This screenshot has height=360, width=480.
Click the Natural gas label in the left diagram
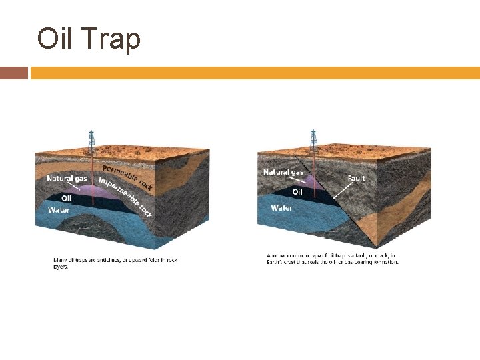pos(67,179)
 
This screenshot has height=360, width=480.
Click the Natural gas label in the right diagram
pos(283,172)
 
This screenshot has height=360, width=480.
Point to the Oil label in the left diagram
pos(67,198)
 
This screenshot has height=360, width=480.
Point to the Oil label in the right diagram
pos(297,192)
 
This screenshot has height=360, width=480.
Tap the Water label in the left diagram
pos(58,210)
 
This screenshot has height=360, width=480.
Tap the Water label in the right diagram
pos(281,208)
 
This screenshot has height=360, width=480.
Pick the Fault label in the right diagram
pos(356,178)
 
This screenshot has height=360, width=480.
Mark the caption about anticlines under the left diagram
pos(115,262)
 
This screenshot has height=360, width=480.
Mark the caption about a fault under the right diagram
pos(332,259)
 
